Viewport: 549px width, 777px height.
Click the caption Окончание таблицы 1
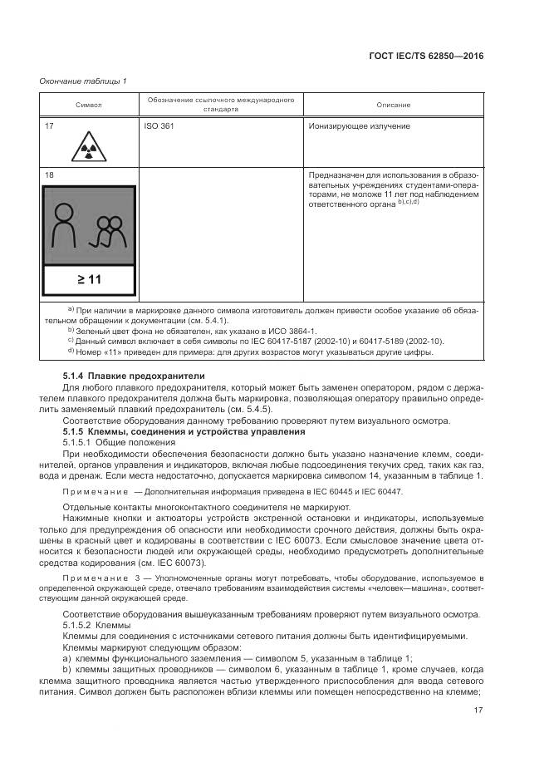pyautogui.click(x=83, y=81)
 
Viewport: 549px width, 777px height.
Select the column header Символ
pyautogui.click(x=89, y=105)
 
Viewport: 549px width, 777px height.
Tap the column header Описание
pyautogui.click(x=393, y=105)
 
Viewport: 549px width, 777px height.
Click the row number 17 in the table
pyautogui.click(x=49, y=127)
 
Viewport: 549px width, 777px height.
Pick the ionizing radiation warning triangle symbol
pyautogui.click(x=87, y=149)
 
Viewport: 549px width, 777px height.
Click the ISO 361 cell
pyautogui.click(x=159, y=127)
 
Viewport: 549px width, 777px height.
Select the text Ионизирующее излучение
pyautogui.click(x=359, y=127)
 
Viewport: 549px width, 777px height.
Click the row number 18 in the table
pyautogui.click(x=49, y=175)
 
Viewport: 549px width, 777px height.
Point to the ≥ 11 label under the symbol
pyautogui.click(x=88, y=279)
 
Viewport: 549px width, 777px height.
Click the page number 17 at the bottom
pyautogui.click(x=478, y=709)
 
